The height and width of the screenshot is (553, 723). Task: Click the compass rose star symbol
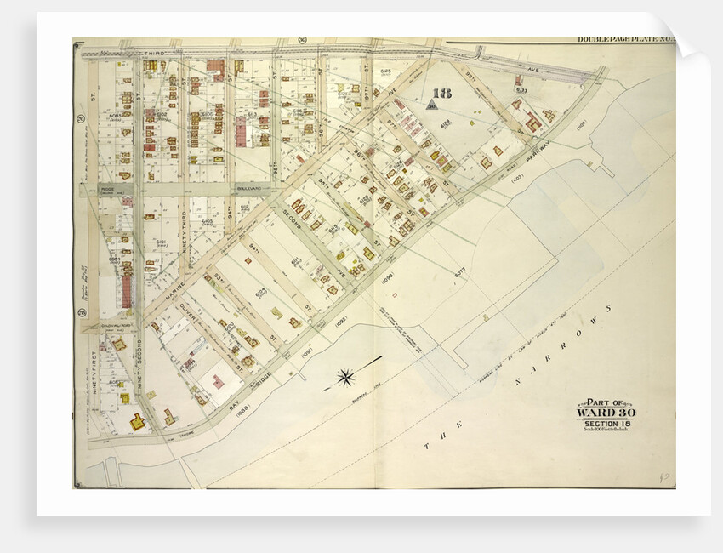coord(346,376)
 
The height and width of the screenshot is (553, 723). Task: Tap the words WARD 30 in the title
coord(606,413)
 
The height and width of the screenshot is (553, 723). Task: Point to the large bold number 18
coord(441,94)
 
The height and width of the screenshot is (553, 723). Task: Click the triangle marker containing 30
coord(431,105)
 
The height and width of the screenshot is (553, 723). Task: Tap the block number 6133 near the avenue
coord(521,88)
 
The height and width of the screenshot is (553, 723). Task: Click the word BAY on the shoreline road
coord(235,406)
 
